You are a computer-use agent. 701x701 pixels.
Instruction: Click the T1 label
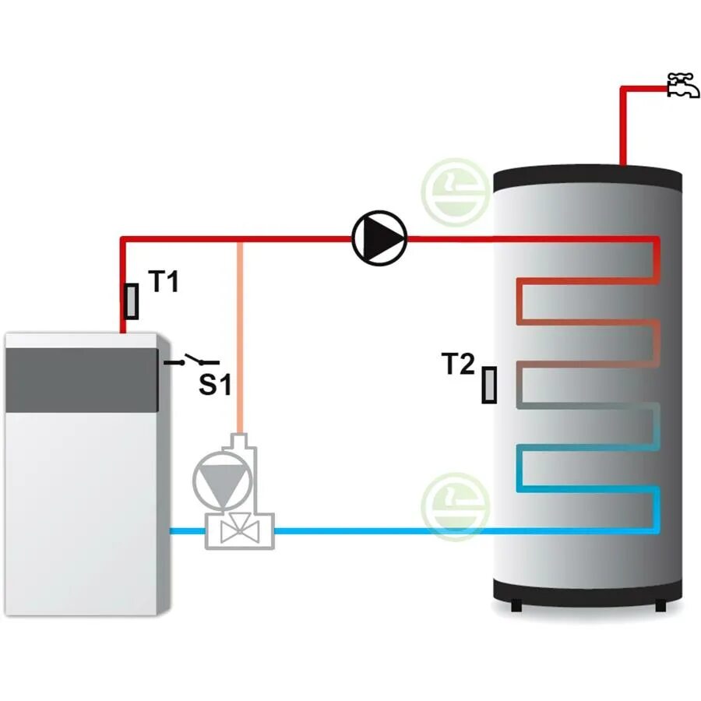tap(164, 283)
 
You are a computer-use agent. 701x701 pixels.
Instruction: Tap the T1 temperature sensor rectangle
tap(132, 301)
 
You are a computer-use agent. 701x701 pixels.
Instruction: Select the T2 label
tap(458, 364)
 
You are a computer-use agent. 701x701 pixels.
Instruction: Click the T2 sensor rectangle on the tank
tap(489, 385)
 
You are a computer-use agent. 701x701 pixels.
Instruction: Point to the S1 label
tap(215, 384)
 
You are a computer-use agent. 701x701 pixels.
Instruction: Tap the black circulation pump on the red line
tap(379, 238)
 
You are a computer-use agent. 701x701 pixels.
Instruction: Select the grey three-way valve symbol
tap(238, 532)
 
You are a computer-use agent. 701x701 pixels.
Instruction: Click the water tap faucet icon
tap(683, 85)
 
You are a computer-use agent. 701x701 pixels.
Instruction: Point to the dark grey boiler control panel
tap(82, 380)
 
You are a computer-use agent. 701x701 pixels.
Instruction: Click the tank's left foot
tap(515, 605)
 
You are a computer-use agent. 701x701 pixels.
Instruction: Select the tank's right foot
tap(660, 605)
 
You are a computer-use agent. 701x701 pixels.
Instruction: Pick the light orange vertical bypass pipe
tap(241, 335)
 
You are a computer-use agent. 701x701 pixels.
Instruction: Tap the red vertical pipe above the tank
tap(623, 129)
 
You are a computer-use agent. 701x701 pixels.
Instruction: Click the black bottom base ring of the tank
tap(589, 596)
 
